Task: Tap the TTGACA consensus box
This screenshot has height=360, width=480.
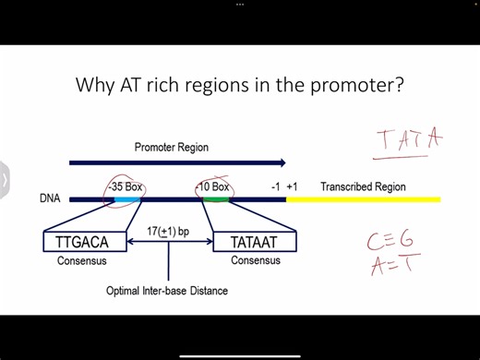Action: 80,242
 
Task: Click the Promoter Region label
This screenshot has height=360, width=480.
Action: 172,147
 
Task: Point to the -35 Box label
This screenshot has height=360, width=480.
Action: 126,186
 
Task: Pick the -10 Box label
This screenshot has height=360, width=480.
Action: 213,186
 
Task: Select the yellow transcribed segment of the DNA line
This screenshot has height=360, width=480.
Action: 369,198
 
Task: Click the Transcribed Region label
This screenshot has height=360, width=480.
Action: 363,186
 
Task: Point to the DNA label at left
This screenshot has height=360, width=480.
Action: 51,198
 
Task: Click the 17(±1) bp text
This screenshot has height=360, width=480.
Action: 169,231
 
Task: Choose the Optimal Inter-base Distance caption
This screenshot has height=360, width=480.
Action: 167,291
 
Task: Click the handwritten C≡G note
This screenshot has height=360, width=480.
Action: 390,242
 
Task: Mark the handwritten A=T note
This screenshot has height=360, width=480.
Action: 392,266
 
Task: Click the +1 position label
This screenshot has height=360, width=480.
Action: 292,186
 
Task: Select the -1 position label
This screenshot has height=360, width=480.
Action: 275,186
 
